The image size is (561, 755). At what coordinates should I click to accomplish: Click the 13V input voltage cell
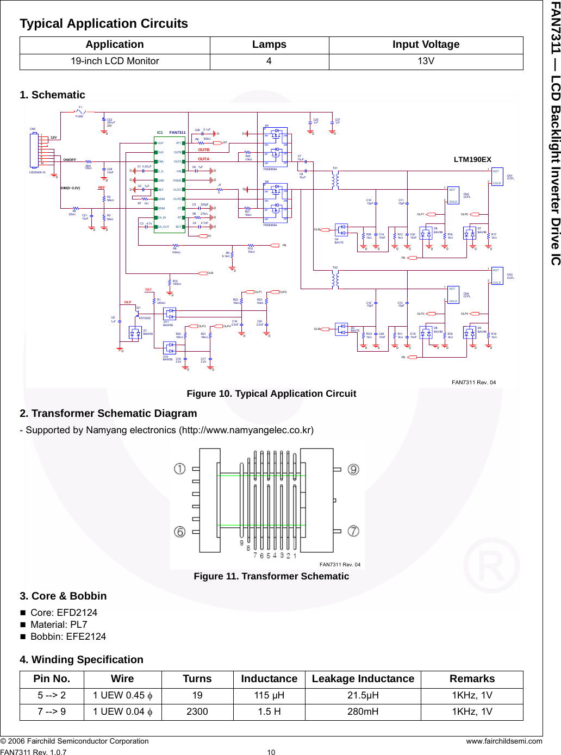click(426, 61)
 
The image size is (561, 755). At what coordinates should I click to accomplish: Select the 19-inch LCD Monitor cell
click(115, 61)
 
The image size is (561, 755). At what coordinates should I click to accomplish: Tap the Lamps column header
click(269, 45)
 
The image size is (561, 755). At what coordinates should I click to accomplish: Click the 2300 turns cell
click(197, 712)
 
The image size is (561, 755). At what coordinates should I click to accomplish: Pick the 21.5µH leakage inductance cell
click(363, 695)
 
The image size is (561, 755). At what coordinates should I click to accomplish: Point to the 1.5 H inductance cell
click(269, 712)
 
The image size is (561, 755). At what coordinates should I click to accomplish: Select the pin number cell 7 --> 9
click(52, 712)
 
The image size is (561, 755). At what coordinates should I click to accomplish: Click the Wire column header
click(122, 679)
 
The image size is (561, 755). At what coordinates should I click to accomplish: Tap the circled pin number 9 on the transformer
click(353, 469)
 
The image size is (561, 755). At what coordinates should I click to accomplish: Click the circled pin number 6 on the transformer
click(180, 532)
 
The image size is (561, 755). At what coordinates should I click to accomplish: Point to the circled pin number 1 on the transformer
click(180, 469)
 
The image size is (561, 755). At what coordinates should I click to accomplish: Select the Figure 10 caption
click(271, 394)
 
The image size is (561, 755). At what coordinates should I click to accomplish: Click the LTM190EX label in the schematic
click(472, 160)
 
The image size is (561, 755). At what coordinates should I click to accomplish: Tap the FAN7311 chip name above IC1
click(177, 133)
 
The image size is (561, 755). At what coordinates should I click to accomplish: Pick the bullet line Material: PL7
click(59, 625)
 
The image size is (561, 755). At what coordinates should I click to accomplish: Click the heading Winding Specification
click(82, 659)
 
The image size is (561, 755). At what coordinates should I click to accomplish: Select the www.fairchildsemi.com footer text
click(504, 741)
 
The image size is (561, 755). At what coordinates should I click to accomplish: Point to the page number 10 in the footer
click(271, 752)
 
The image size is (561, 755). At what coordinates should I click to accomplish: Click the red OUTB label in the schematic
click(204, 149)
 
